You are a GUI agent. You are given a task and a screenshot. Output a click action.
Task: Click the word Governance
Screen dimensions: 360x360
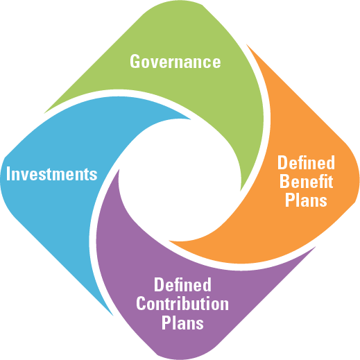175,61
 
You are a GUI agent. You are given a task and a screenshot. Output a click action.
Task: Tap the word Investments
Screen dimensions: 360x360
51,174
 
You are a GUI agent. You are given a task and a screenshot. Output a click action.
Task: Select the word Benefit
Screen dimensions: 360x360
306,182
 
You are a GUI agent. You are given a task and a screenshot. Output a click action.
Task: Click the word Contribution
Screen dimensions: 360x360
182,304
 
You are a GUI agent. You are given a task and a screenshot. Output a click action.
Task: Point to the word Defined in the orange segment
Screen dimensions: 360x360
306,162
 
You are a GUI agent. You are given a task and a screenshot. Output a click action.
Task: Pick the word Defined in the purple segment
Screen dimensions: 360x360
182,284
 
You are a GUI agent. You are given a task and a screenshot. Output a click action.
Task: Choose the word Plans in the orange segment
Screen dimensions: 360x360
306,200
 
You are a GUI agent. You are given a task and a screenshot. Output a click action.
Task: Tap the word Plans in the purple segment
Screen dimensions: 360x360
182,323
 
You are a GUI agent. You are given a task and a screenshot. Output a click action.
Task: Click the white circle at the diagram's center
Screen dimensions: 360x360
180,180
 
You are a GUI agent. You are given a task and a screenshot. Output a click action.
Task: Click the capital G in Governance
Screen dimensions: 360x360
135,61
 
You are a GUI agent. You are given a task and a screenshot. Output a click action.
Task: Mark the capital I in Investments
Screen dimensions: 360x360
8,173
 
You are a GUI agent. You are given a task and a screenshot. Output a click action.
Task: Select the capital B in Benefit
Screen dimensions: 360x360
284,182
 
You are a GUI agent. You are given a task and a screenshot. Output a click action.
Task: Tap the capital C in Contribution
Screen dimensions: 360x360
141,304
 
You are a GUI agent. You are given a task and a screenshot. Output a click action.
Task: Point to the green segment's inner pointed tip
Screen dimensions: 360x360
241,191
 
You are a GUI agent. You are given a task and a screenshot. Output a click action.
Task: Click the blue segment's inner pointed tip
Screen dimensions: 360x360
191,119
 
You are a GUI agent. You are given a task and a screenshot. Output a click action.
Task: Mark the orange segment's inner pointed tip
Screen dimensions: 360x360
169,241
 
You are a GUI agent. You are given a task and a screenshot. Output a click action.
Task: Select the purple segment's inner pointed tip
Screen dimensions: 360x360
119,169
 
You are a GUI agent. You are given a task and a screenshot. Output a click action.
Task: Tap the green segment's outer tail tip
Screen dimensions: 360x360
44,113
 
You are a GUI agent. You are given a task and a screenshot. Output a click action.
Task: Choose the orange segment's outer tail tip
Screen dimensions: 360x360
246,44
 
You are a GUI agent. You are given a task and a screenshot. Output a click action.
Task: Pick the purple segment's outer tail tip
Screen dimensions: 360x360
316,247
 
